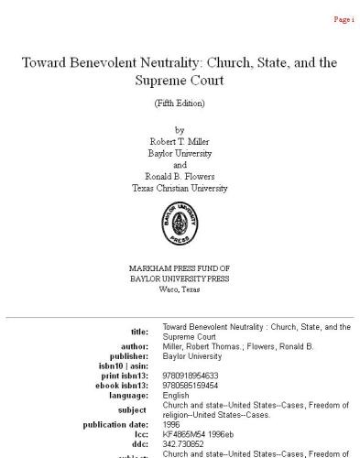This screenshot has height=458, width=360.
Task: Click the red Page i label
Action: click(x=343, y=18)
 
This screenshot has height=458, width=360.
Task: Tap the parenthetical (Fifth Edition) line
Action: click(x=180, y=103)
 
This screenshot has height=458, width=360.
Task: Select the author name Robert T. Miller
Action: click(x=180, y=141)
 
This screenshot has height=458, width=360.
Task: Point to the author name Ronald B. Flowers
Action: click(x=180, y=176)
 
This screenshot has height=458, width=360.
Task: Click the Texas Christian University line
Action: click(x=180, y=188)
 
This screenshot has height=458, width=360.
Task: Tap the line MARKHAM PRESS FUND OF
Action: click(x=180, y=267)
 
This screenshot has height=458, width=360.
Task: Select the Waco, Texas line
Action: click(x=180, y=289)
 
